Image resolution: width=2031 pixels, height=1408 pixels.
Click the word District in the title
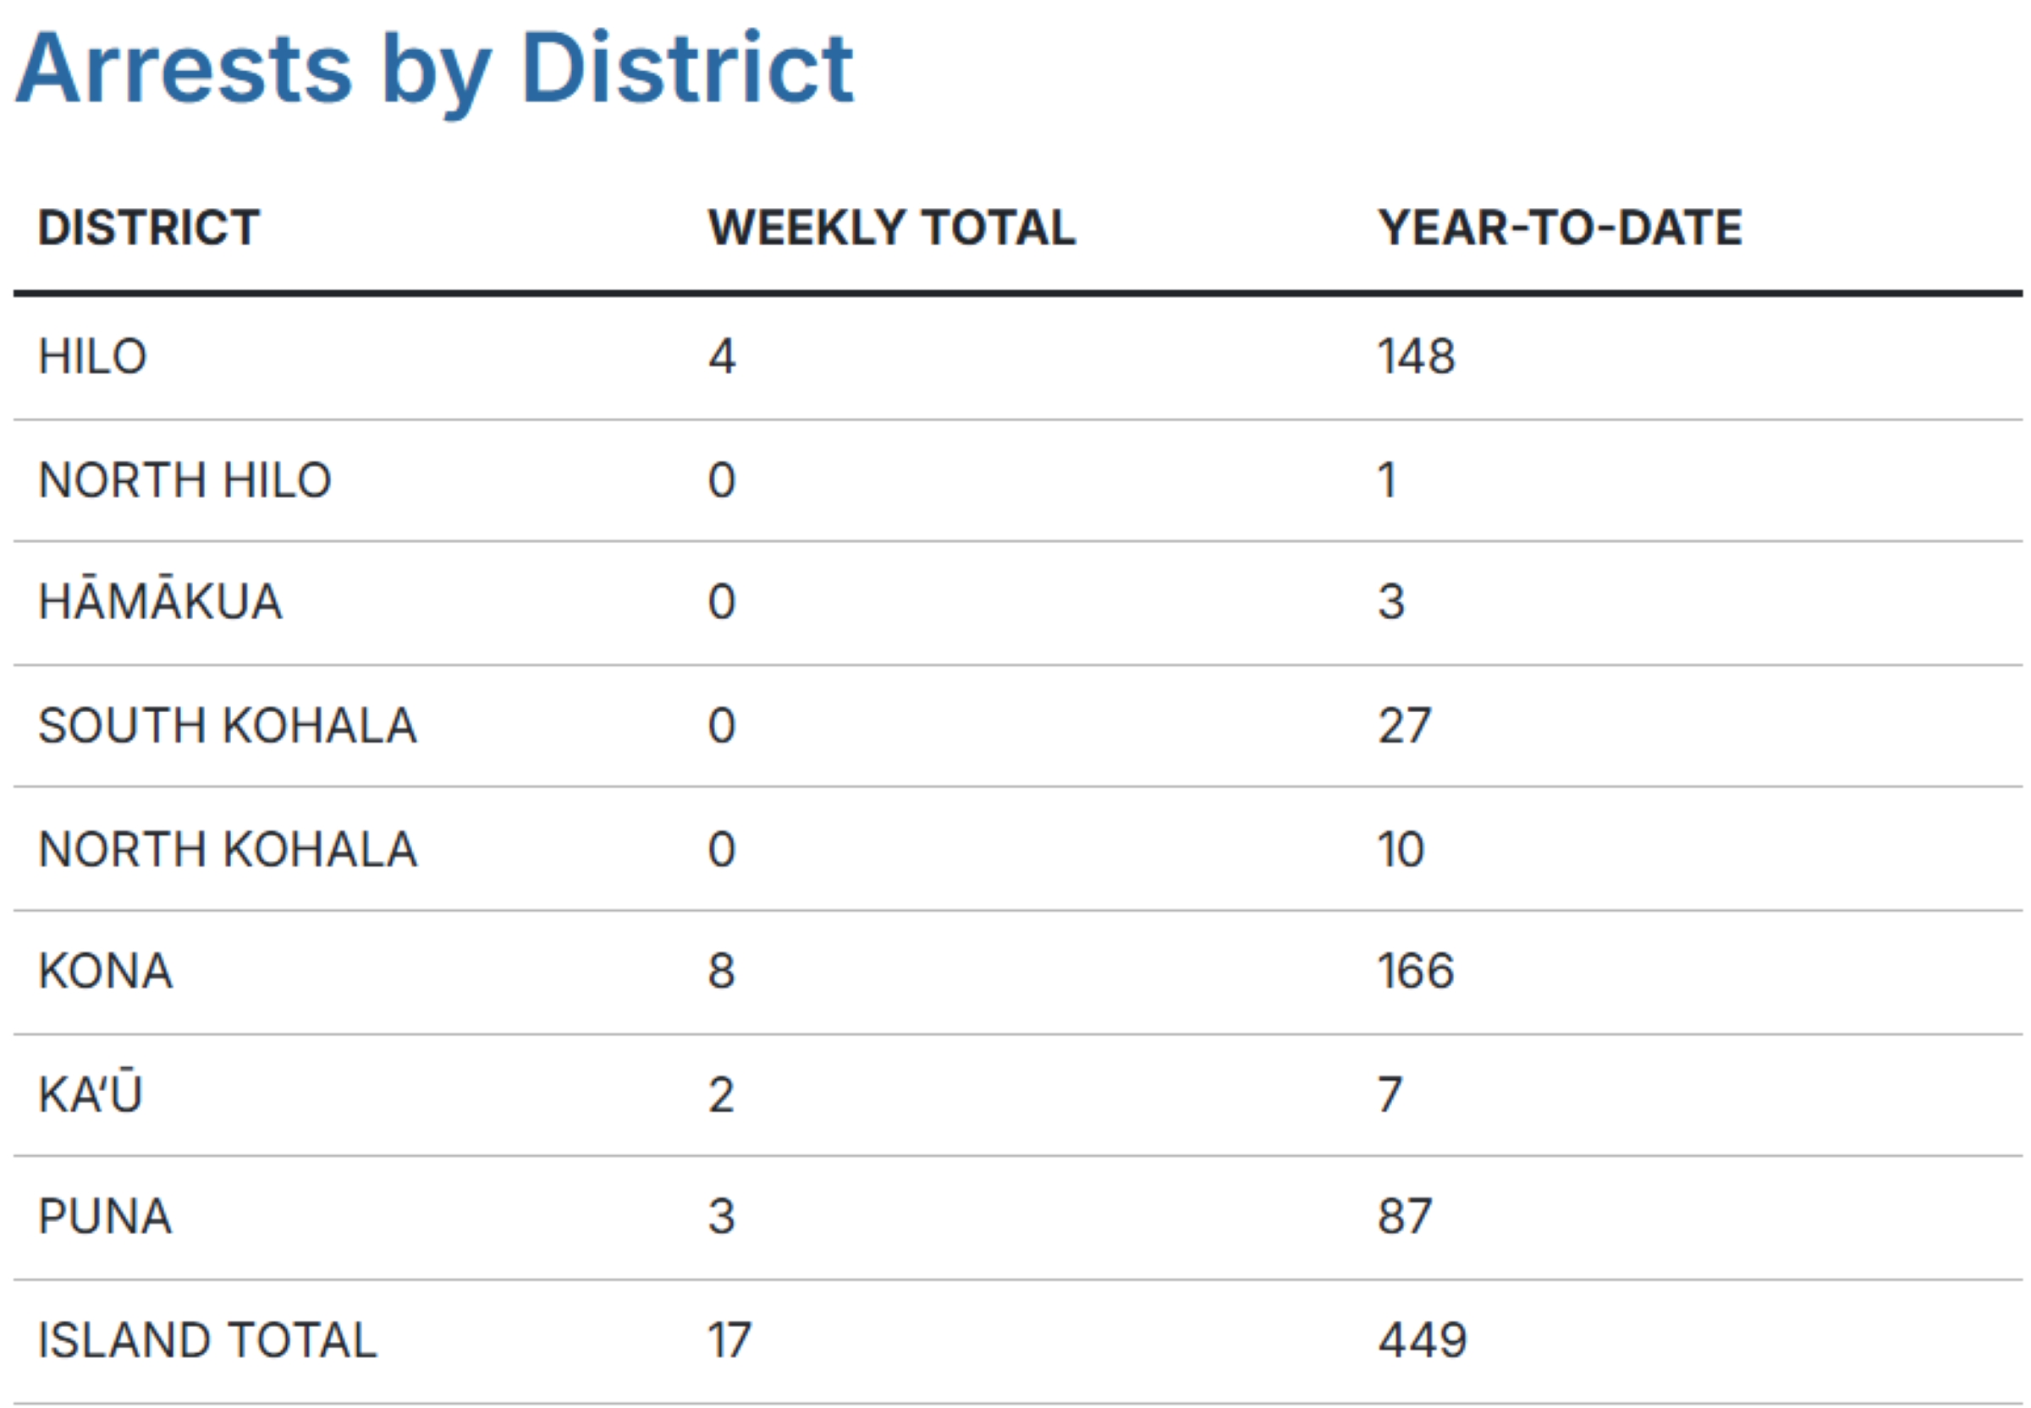(x=686, y=68)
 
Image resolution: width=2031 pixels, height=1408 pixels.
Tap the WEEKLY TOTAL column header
(x=891, y=227)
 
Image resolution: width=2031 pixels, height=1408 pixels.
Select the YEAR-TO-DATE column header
(x=1560, y=227)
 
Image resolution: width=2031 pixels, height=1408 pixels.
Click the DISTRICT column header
(x=148, y=227)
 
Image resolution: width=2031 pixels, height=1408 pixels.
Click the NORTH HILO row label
(x=184, y=481)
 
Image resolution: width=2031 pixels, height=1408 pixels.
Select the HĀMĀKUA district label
(x=160, y=601)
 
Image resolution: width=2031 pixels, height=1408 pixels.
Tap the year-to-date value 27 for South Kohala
(x=1404, y=726)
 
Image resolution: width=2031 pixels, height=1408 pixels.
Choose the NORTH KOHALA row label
(x=227, y=850)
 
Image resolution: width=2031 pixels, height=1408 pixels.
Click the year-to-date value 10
(x=1401, y=850)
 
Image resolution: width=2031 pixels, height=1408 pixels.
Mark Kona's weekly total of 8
(x=721, y=972)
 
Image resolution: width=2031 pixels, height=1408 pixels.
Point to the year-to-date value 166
(x=1416, y=972)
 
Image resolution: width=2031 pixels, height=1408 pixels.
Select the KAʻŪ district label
(x=90, y=1094)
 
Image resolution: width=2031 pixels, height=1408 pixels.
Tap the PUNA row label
(x=105, y=1217)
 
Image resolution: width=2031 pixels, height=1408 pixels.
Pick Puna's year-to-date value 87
(x=1404, y=1217)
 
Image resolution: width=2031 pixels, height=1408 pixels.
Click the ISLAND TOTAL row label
(x=207, y=1340)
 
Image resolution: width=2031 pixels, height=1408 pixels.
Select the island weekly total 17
(x=729, y=1340)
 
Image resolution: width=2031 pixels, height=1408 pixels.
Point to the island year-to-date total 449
(x=1422, y=1340)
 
